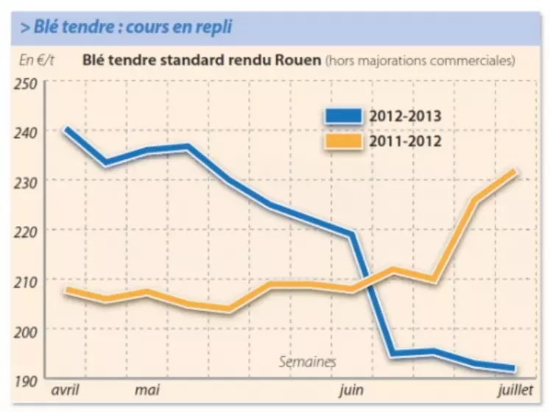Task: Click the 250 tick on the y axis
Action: (x=27, y=82)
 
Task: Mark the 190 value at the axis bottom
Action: (x=27, y=380)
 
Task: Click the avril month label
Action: (x=64, y=388)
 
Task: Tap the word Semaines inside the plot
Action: (x=308, y=362)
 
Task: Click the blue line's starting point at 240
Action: (x=67, y=129)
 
